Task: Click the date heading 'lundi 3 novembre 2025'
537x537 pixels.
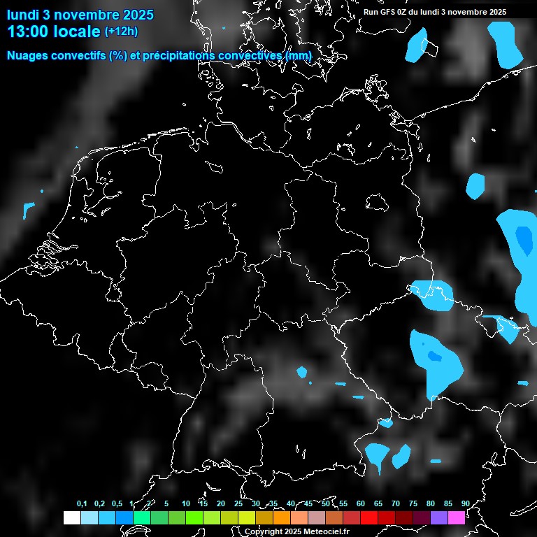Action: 80,15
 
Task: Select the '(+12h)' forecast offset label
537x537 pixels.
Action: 121,31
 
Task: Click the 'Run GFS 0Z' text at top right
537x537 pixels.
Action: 391,12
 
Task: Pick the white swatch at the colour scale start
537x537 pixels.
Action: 71,517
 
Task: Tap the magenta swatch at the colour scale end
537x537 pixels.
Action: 457,517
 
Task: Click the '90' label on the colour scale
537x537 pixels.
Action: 465,504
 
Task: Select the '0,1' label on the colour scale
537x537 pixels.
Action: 82,504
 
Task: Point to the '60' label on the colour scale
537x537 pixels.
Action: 360,504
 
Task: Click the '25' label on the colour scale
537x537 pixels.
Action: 238,504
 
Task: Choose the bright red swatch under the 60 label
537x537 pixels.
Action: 369,517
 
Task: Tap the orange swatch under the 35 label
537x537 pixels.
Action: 282,517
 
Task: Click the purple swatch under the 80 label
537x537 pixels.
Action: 439,517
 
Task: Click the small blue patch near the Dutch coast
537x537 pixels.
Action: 29,209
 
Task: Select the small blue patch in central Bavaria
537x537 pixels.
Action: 303,372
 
